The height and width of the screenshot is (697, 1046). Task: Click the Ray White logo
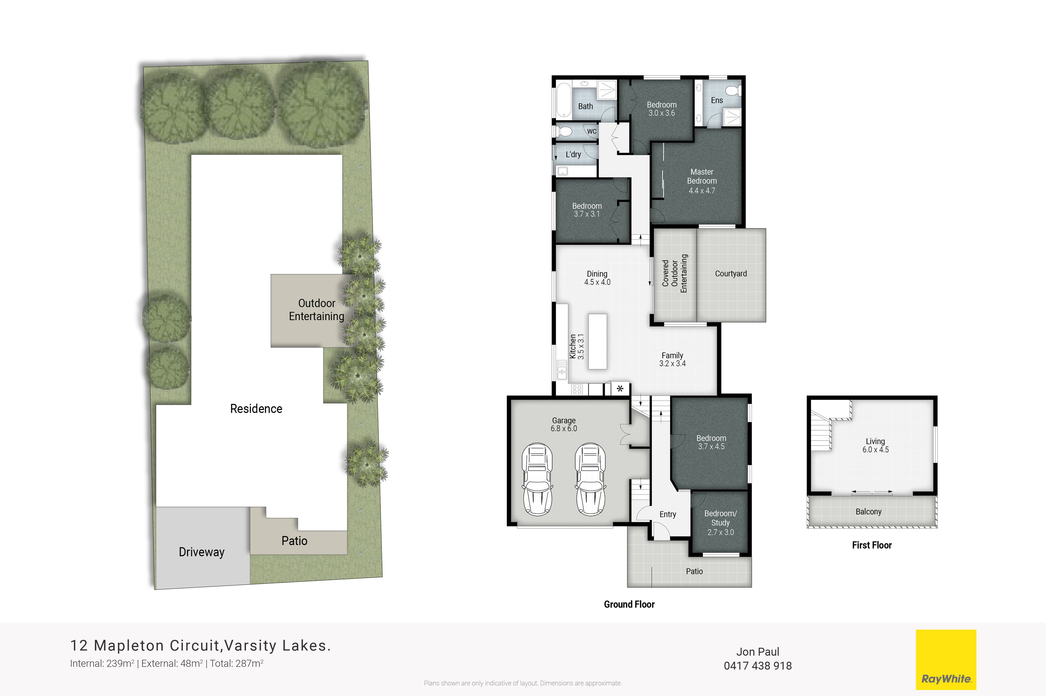[946, 659]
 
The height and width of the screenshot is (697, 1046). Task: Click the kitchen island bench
[598, 341]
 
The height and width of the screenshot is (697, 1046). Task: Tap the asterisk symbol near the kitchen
[620, 388]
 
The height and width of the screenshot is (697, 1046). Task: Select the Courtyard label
[731, 274]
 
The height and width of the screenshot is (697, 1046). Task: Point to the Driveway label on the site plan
[202, 552]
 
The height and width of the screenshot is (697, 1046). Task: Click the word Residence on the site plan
[256, 408]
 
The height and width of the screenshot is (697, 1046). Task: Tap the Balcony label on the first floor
[869, 512]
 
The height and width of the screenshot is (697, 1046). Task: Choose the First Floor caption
[872, 545]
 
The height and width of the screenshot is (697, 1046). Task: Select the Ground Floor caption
[629, 604]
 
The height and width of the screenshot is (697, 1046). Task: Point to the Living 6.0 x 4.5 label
[875, 445]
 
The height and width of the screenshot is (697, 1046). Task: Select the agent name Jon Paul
[758, 652]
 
